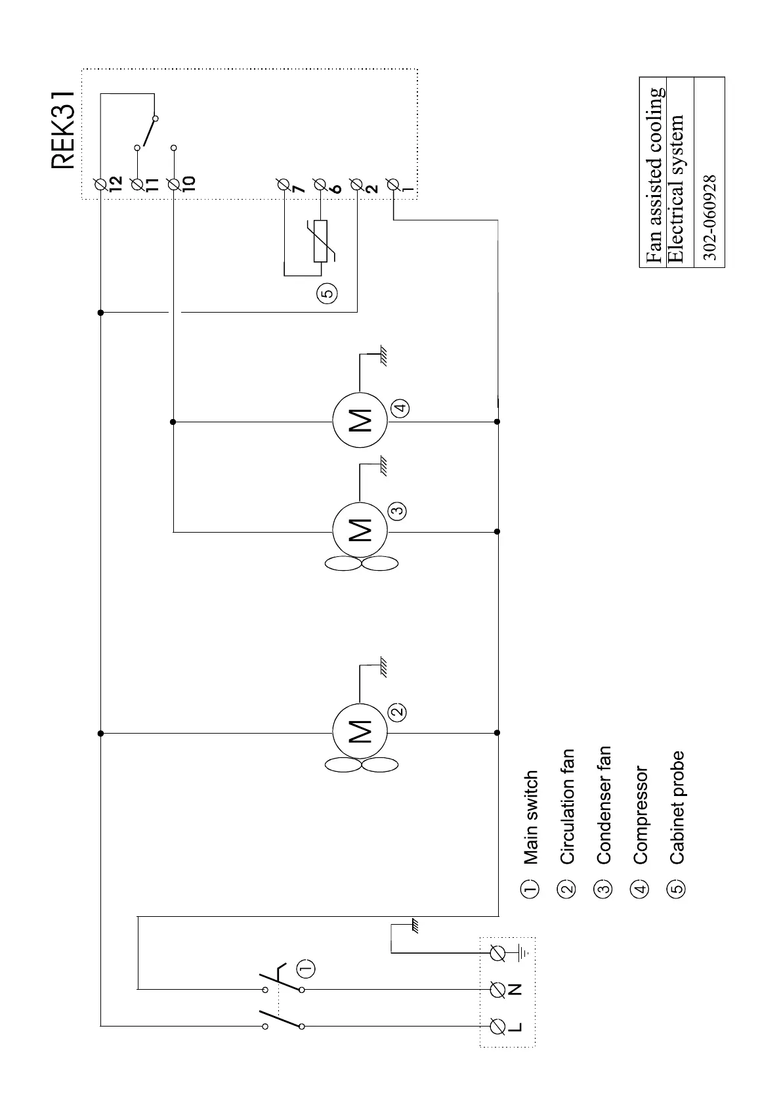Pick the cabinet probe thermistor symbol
point(320,240)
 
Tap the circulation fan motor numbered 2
point(360,732)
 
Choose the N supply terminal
point(498,988)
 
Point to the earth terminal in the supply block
point(498,952)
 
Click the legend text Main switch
point(530,818)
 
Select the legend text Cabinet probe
point(677,807)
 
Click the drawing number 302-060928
point(709,217)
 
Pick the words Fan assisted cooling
point(654,173)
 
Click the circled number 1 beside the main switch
point(306,967)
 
